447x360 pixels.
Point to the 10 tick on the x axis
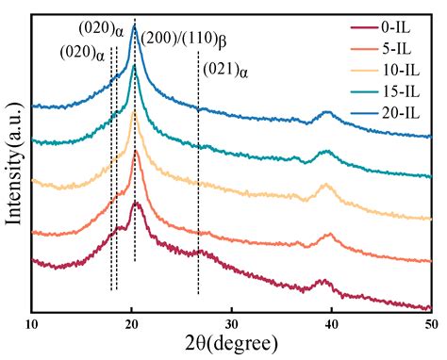coord(32,323)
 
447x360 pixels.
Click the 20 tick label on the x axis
coord(132,323)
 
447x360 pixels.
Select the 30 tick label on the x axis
coord(232,323)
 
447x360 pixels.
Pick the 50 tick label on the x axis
coord(430,323)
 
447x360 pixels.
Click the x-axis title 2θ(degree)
coord(231,344)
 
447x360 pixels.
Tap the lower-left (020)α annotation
coord(83,54)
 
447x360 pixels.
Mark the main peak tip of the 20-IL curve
coord(134,28)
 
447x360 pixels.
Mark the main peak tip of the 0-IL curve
coord(136,202)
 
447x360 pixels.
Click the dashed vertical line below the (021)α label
coord(198,188)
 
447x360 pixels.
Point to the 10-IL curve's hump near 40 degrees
coord(326,186)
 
